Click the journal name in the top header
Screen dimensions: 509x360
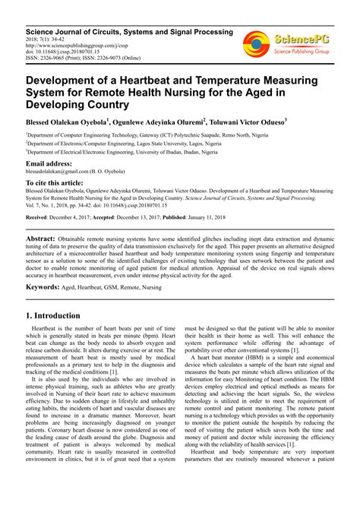pyautogui.click(x=129, y=31)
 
